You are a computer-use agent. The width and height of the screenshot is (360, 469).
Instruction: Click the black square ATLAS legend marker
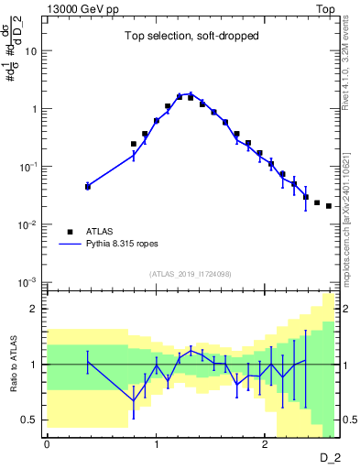point(70,232)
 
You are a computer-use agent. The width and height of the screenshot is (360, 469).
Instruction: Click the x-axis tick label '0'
point(47,443)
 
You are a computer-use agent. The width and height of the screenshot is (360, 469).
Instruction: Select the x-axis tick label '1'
point(156,443)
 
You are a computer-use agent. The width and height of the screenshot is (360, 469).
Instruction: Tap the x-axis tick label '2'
point(265,443)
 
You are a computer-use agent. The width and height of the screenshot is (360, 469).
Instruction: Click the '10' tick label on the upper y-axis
point(30,51)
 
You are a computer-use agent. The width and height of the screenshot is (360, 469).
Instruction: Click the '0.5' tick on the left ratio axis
point(27,420)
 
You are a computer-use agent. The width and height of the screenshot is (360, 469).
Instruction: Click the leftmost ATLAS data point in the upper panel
point(88,186)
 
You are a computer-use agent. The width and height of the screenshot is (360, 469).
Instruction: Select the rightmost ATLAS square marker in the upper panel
point(329,206)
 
